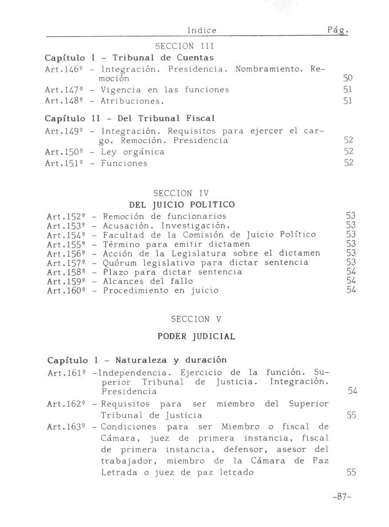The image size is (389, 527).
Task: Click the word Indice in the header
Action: tap(202, 30)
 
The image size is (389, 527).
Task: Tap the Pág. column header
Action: tap(338, 30)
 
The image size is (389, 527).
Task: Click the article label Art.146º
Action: tap(61, 69)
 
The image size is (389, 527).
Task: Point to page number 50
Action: tap(348, 79)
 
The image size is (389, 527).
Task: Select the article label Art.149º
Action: tap(61, 131)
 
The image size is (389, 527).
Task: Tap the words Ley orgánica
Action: tap(133, 152)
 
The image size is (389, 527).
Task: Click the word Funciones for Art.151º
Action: tap(124, 163)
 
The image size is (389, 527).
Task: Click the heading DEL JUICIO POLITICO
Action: tap(182, 204)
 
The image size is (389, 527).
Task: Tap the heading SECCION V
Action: tap(196, 319)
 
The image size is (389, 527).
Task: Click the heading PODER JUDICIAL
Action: tap(196, 337)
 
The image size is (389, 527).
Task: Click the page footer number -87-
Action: tap(341, 497)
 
